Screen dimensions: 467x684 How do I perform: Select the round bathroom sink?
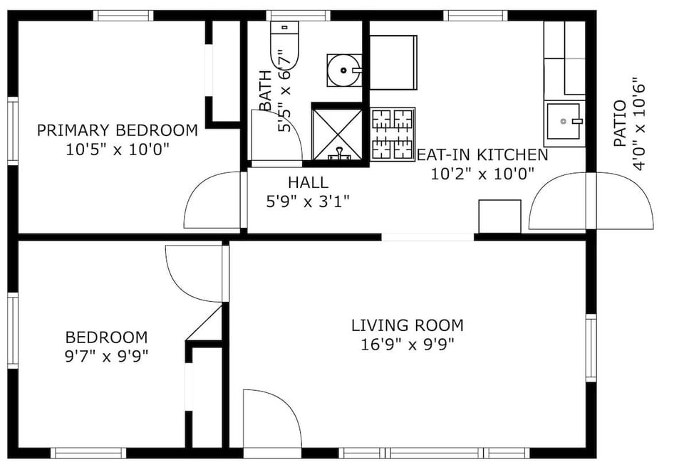point(344,70)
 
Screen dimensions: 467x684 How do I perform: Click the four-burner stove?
point(393,133)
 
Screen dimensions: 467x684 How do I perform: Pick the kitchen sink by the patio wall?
point(564,123)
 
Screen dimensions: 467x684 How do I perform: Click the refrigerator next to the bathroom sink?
point(393,63)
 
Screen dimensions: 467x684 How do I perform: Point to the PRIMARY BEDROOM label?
point(118,130)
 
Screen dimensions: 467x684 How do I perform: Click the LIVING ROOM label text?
point(407,325)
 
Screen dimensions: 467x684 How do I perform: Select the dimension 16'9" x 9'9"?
point(407,345)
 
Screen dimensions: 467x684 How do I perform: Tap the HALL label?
point(308,182)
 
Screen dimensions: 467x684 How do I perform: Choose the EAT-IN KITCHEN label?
point(482,154)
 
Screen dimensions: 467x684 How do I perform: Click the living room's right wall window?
point(591,348)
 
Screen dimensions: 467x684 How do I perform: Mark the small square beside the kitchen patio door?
point(499,216)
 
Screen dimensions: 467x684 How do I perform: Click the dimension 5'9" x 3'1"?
point(308,201)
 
